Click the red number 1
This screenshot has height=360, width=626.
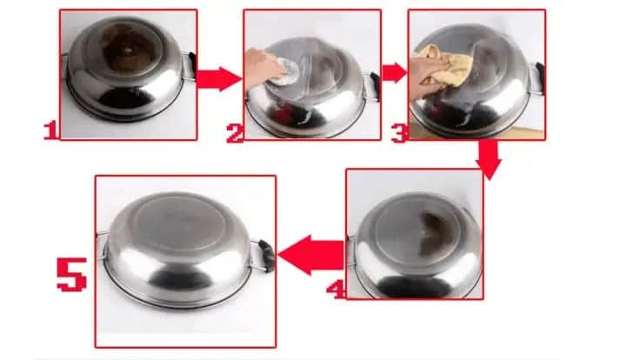pos(50,130)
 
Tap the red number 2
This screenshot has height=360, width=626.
pos(234,133)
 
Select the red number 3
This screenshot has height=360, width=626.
pos(399,132)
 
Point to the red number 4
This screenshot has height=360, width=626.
pos(336,287)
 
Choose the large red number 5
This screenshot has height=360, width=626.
pos(71,271)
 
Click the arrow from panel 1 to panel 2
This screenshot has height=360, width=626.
pos(218,80)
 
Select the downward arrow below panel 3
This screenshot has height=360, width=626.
pos(489,160)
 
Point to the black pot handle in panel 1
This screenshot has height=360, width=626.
pos(189,64)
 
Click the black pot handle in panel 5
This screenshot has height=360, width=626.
pos(264,254)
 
